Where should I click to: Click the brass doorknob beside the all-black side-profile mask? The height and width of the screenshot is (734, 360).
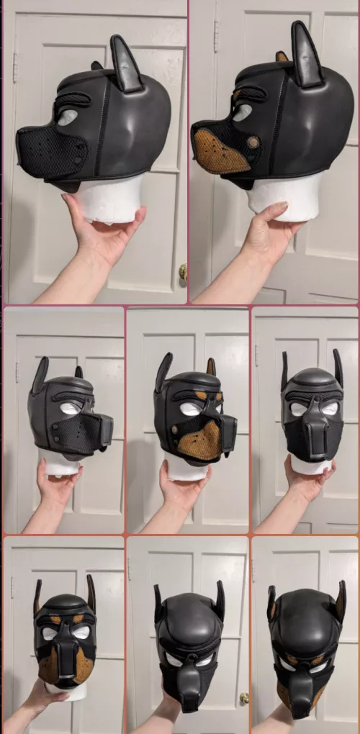(x=183, y=272)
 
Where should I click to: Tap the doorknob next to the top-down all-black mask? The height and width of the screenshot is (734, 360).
(x=244, y=697)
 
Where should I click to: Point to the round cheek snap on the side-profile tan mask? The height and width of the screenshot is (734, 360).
(x=253, y=142)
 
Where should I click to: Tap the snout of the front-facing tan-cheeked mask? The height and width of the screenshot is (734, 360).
(x=65, y=658)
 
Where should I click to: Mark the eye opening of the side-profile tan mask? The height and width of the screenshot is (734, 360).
(x=242, y=112)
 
